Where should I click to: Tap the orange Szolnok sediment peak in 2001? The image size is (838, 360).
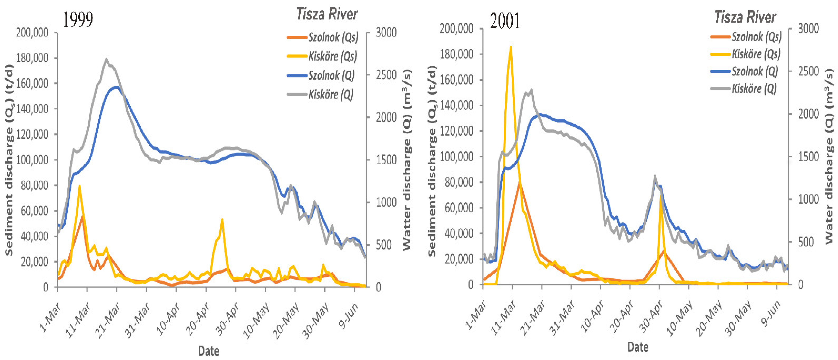click(x=520, y=183)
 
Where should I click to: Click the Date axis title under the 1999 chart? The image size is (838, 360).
click(x=208, y=351)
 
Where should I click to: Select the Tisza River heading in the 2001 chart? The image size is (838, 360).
click(x=745, y=17)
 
